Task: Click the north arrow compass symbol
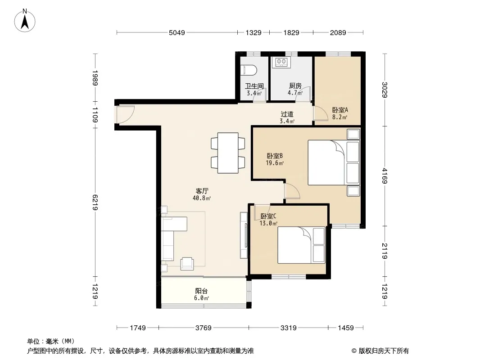25,21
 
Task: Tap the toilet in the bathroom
249,70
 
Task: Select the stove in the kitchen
281,62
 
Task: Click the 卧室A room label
340,110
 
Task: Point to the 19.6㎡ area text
275,163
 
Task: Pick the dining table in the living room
228,153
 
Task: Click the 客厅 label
202,191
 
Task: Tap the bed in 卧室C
301,245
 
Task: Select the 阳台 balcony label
201,291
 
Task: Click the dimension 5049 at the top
177,32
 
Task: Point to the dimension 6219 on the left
95,202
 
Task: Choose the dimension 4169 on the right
385,176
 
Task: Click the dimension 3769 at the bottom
203,328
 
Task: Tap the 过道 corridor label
287,114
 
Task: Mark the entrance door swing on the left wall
125,115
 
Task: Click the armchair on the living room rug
187,263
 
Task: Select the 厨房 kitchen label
295,86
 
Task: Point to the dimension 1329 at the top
254,32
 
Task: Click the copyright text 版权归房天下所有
384,351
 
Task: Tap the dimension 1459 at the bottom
346,328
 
